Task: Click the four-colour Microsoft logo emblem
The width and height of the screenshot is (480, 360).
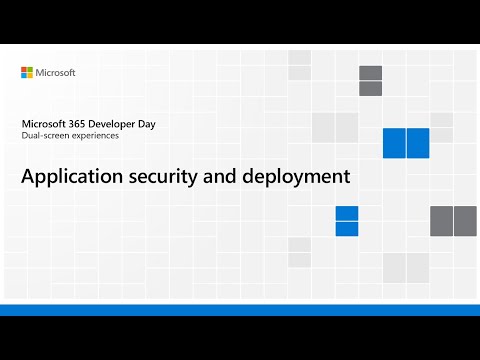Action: tap(28, 73)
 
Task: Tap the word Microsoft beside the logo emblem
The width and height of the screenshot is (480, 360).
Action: tap(56, 73)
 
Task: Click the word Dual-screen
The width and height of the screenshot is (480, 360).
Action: tap(43, 136)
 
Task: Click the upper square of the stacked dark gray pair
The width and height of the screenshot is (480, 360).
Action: tap(370, 73)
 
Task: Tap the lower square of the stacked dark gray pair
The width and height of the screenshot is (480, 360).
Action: tap(370, 88)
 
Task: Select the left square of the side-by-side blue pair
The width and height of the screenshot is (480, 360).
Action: tap(394, 143)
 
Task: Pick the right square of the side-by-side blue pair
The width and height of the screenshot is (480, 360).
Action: tap(418, 143)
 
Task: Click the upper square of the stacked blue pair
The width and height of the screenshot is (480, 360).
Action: tap(347, 213)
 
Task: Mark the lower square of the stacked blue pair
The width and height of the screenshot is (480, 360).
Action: tap(347, 228)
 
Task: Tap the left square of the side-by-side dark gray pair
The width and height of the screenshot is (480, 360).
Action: tap(441, 221)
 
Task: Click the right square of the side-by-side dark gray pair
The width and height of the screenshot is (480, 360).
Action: tap(465, 221)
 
